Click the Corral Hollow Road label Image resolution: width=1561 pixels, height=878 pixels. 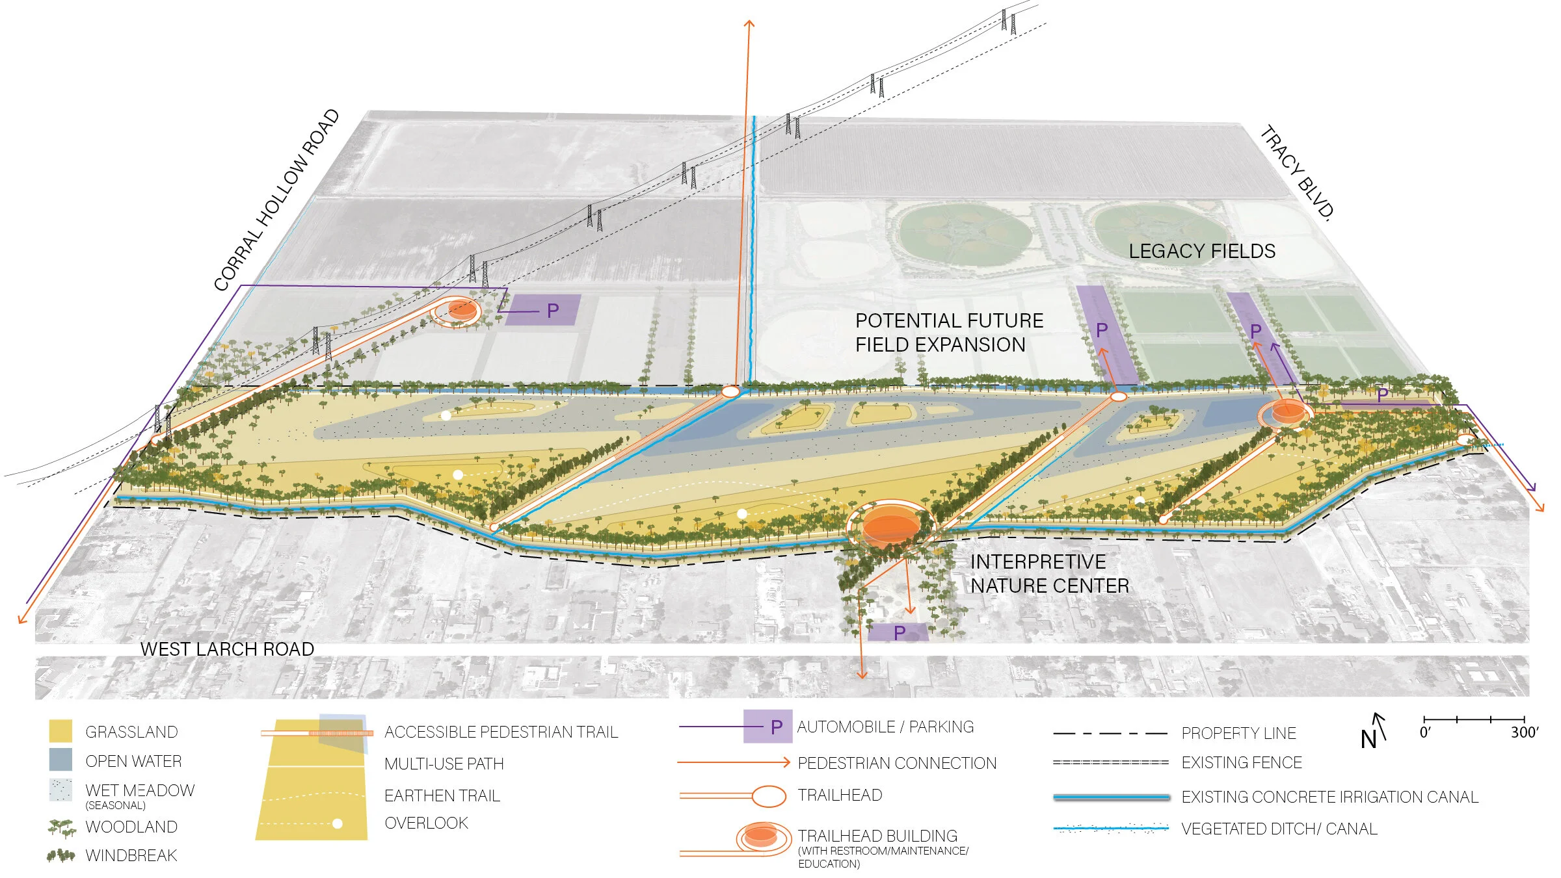[x=277, y=200]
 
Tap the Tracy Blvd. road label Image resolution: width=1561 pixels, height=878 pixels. [x=1297, y=172]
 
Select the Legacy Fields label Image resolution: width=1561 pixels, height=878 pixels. [x=1201, y=252]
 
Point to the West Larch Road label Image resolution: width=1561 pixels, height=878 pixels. [x=227, y=649]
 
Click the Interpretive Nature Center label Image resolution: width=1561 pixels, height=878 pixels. [x=1049, y=574]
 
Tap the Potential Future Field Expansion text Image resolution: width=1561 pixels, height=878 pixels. [x=948, y=333]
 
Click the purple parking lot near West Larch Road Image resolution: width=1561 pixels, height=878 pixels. [x=899, y=632]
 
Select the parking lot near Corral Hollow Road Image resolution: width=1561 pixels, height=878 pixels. [x=544, y=310]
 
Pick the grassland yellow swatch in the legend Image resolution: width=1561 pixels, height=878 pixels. [x=60, y=731]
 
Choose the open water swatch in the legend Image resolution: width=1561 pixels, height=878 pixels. [x=60, y=760]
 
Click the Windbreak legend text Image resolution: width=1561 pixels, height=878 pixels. [x=131, y=856]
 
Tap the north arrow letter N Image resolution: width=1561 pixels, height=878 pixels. [x=1368, y=740]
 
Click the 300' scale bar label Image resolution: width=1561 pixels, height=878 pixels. [x=1524, y=733]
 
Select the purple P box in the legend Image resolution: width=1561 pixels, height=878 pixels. [x=768, y=727]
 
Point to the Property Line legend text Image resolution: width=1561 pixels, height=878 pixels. [x=1238, y=734]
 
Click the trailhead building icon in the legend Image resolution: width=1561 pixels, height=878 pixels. [x=760, y=837]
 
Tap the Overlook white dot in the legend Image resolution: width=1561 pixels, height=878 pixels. [x=337, y=824]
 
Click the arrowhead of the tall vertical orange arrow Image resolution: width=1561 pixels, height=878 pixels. [x=749, y=24]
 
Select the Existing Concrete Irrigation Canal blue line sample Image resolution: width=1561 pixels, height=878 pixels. [x=1111, y=797]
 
